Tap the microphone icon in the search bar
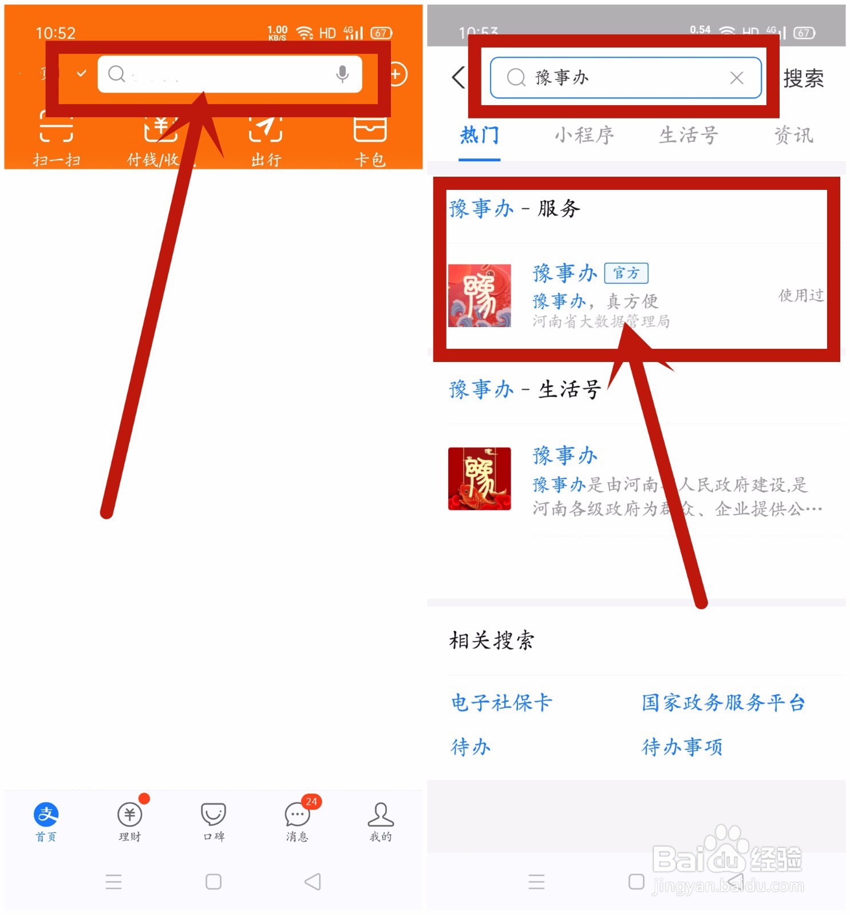[x=342, y=74]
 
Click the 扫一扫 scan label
[x=56, y=160]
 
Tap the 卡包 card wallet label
[x=370, y=160]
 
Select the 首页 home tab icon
[x=46, y=814]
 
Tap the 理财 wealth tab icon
[x=129, y=814]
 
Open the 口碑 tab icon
[x=214, y=814]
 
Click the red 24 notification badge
[x=311, y=802]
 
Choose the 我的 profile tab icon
[x=381, y=814]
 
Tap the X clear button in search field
[x=737, y=78]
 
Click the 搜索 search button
[x=803, y=78]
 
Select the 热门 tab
[x=480, y=136]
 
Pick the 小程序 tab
[x=584, y=136]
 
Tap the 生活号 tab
[x=689, y=136]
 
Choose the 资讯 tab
[x=793, y=136]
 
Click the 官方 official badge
[x=626, y=273]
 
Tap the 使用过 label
[x=801, y=295]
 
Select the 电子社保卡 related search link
[x=501, y=702]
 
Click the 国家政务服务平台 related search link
[x=723, y=702]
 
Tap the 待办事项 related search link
[x=682, y=747]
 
